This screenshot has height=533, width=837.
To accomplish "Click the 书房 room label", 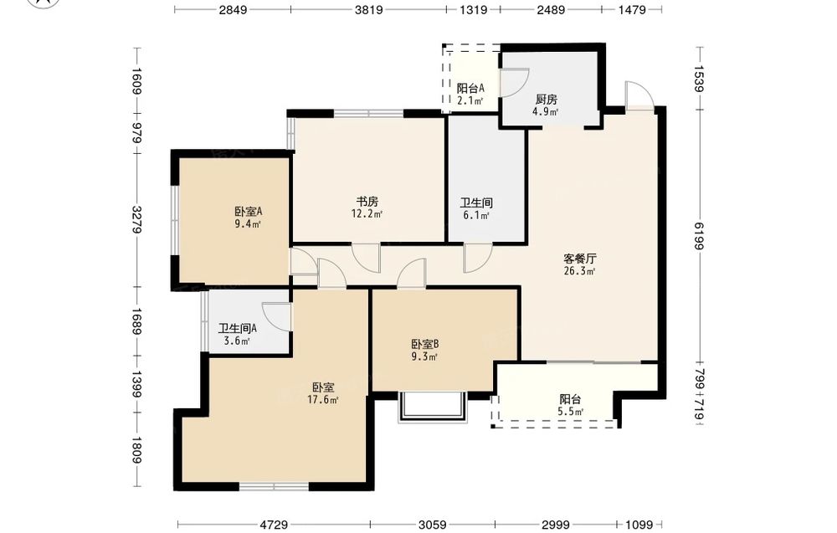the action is point(367,202).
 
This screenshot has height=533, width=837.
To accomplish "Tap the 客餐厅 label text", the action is point(580,259).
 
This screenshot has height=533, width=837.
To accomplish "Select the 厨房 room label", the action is point(546,100).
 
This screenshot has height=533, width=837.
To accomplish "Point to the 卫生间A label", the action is point(238,329).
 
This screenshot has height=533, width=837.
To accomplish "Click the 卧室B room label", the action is point(425,345).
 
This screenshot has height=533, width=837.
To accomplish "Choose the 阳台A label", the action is point(470,89).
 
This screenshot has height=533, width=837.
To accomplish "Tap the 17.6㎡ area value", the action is point(323,400).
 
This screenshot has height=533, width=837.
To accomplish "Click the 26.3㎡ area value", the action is point(580,271).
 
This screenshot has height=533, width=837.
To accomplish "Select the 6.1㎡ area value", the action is point(476,216).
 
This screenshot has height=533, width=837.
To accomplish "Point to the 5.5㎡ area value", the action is point(571,412).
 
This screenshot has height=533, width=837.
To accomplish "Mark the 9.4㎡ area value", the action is point(248,224).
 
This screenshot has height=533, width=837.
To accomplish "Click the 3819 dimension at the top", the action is point(369,9).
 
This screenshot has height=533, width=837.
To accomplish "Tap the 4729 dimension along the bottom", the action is point(274,525).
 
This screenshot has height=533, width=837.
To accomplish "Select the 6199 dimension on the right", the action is point(700,235).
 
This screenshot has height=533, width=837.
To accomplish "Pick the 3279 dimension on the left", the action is point(136,219).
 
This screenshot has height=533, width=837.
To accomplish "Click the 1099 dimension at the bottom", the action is point(639,525).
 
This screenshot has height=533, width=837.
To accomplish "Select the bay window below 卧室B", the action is point(433,407).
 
